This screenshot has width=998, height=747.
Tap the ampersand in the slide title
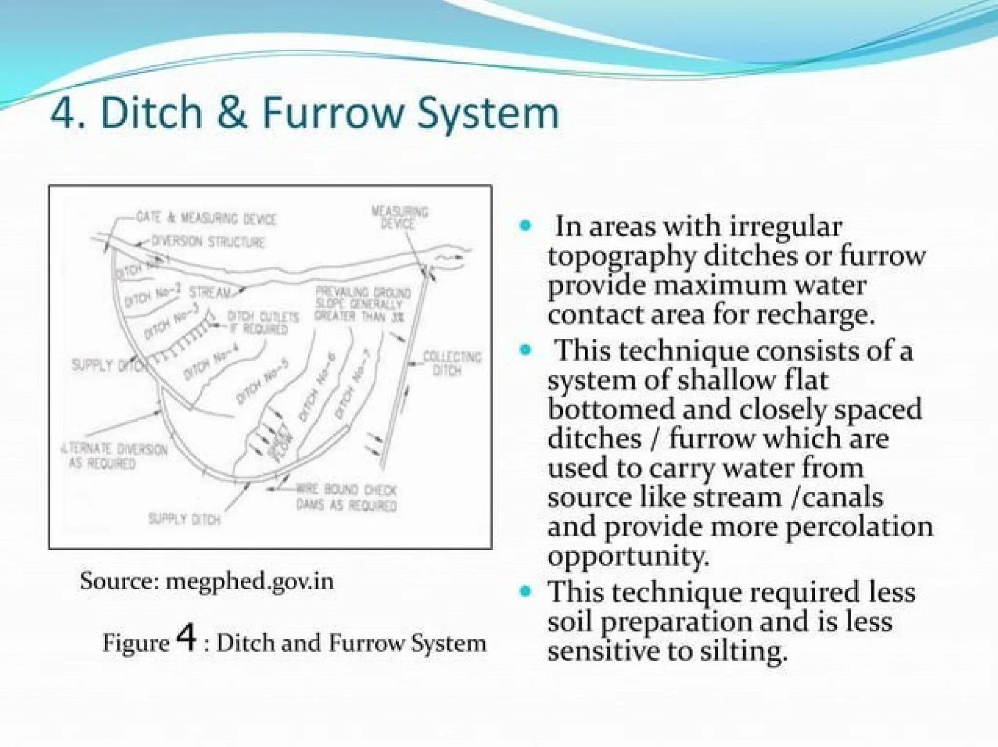click(x=232, y=113)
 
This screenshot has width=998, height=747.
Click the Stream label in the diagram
click(x=210, y=292)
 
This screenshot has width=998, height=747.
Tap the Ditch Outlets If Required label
click(x=263, y=323)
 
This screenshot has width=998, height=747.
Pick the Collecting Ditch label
click(x=451, y=363)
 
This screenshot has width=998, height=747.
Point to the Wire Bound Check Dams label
click(x=346, y=497)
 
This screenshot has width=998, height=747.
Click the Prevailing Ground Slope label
click(x=363, y=304)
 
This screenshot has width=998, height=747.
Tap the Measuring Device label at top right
click(x=400, y=217)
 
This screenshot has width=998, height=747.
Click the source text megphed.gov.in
click(x=249, y=581)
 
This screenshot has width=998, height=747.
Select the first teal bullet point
click(x=525, y=226)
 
